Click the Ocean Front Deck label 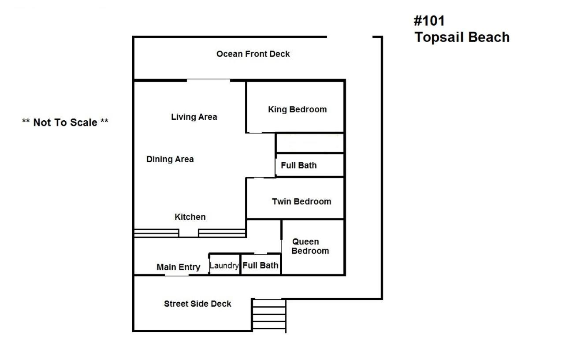pos(253,54)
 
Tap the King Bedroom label pos(297,110)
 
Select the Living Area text pos(194,117)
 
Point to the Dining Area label pos(170,160)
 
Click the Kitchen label pos(190,217)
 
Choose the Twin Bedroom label pos(301,202)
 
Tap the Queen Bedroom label pos(310,246)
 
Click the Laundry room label pos(224,266)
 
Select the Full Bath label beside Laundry pos(261,265)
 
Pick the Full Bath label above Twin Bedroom pos(298,166)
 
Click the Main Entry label pos(179,267)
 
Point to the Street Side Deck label pos(197,304)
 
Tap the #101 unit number pos(429,21)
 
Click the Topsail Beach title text pos(462,37)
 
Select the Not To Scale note pos(65,122)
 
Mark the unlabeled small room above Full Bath pos(309,143)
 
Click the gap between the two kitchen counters pos(189,233)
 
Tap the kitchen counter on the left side pos(156,233)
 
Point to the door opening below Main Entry pos(177,275)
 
